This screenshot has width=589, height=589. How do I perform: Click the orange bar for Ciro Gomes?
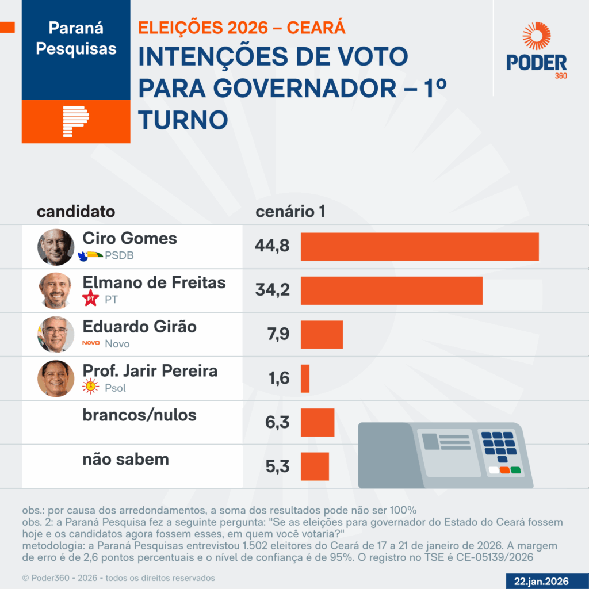point(419,247)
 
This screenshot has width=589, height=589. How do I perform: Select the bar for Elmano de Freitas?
point(391,290)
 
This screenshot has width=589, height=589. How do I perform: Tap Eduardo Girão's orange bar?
point(322,335)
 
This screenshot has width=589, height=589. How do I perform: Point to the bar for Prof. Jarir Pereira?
point(305,378)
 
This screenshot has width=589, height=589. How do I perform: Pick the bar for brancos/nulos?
point(318,423)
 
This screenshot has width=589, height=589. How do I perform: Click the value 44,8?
point(272,247)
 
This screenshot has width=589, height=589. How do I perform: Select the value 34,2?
point(272,290)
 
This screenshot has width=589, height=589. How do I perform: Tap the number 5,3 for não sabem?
point(277,466)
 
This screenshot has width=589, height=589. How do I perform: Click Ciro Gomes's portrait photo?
point(56,247)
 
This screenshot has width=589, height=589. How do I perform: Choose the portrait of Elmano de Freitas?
point(56,290)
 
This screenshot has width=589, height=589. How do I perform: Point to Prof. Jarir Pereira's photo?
point(56,378)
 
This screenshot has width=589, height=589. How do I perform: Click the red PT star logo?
point(90,299)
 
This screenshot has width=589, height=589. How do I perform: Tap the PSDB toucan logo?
point(91,255)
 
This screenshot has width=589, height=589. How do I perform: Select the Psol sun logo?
point(90,387)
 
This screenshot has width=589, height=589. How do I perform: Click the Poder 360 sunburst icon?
point(536,36)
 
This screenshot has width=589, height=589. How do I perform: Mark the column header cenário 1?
point(290,212)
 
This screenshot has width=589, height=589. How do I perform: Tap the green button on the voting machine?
point(515,471)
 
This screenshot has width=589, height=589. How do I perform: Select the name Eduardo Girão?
point(140,327)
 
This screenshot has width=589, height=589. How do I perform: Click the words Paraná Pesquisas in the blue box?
point(76,38)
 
